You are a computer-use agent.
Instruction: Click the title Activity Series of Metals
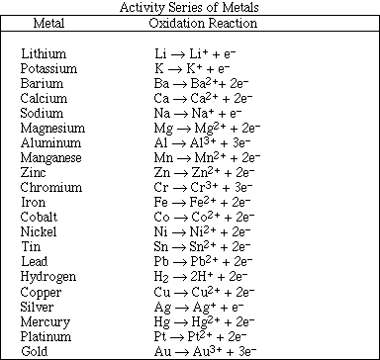click(191, 8)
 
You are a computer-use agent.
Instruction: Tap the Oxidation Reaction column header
click(202, 22)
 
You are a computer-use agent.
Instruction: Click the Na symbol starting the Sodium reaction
click(162, 114)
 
